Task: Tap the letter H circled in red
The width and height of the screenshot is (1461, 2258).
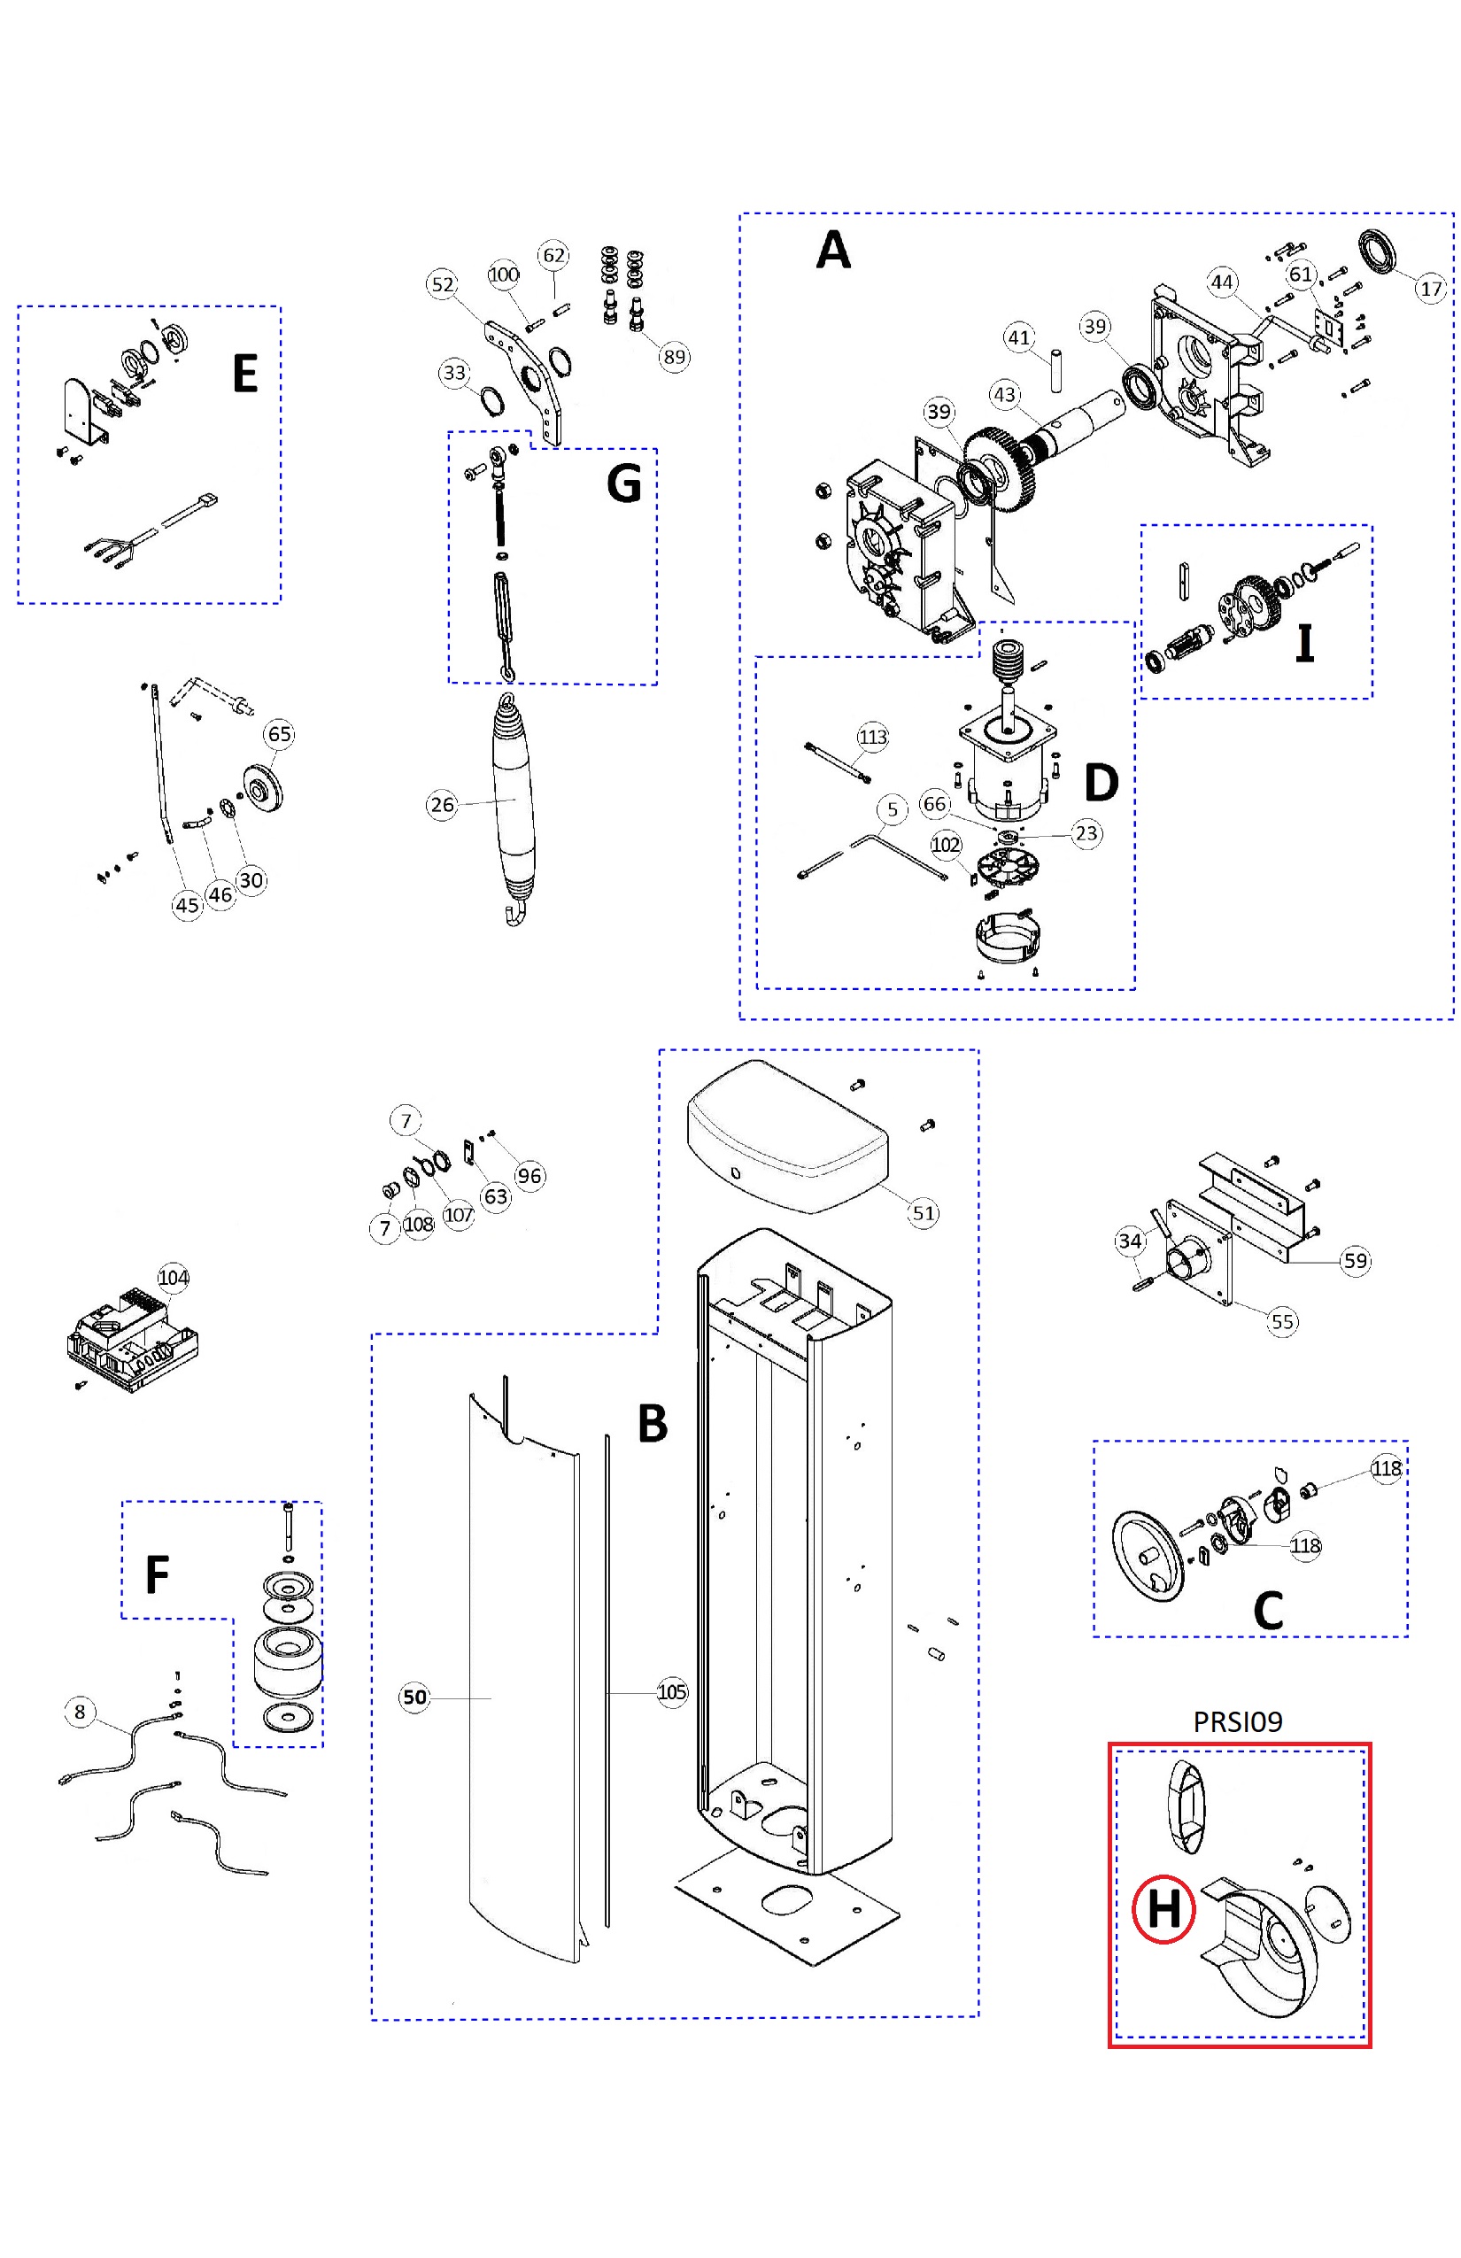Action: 1163,1909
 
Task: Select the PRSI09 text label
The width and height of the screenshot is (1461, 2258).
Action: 1237,1721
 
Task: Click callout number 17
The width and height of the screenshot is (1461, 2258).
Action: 1431,289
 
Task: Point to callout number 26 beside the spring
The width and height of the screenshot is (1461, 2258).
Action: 442,805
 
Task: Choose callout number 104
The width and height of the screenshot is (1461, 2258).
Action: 173,1278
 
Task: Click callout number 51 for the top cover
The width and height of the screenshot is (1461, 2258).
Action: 923,1212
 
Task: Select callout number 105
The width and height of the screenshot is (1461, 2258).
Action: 672,1691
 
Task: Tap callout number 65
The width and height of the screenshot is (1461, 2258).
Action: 280,733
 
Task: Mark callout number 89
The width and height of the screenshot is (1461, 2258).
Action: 674,357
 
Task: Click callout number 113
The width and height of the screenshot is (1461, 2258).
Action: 872,736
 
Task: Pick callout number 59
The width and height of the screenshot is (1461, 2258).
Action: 1356,1261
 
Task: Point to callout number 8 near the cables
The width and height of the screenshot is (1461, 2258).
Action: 80,1712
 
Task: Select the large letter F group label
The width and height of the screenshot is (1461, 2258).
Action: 158,1575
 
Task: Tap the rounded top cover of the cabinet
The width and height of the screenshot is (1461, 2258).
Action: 787,1133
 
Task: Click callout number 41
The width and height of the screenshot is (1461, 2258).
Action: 1019,337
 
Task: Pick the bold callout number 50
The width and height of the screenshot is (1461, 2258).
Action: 414,1697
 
